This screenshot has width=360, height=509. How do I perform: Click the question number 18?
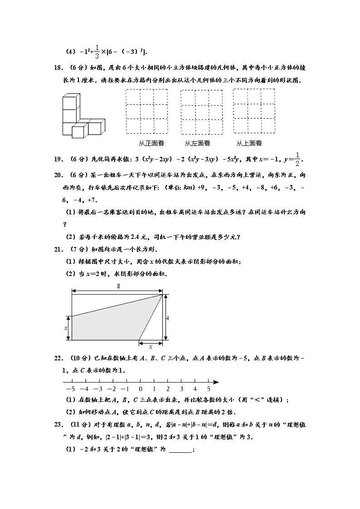coord(58,68)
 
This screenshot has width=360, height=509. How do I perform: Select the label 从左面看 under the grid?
coord(197,143)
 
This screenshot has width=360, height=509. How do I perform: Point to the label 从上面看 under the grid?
coord(249,143)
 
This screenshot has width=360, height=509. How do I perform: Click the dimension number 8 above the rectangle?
coord(118,286)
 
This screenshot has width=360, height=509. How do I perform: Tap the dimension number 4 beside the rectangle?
coord(167,318)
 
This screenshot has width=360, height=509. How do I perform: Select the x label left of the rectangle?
coord(66,328)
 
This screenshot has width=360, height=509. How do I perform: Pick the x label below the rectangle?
coord(151,347)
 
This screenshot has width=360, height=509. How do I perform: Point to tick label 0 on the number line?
coord(140,389)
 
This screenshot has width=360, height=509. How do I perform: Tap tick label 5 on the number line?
coord(209,389)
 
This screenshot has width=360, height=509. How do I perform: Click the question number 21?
coord(58,249)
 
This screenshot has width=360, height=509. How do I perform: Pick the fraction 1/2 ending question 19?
coord(297,159)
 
